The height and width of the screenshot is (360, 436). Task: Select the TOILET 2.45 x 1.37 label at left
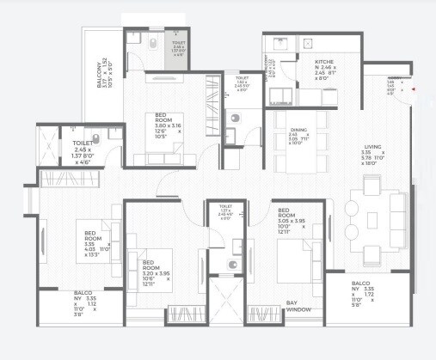tap(86, 150)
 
